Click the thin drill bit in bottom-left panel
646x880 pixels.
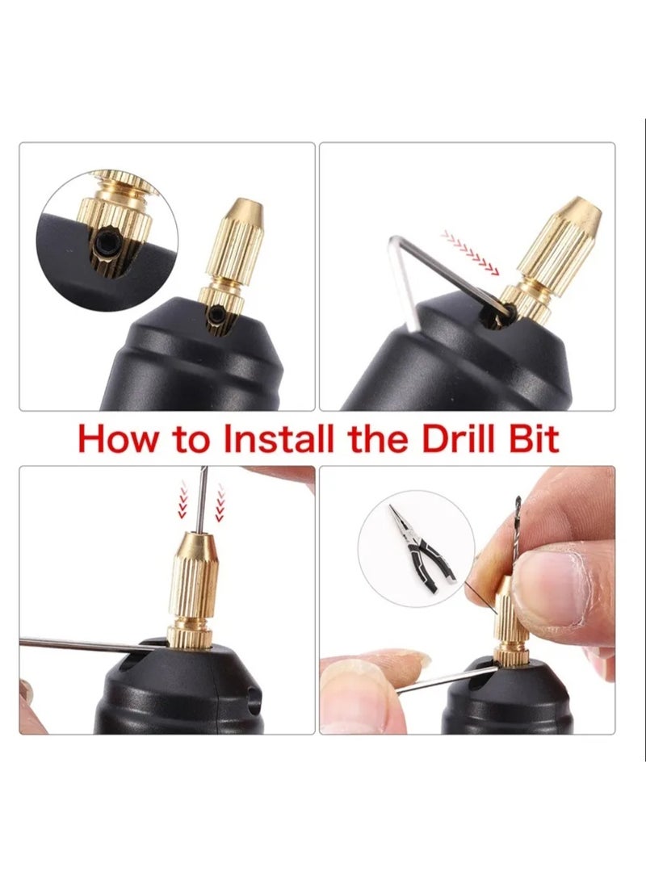(202, 501)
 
